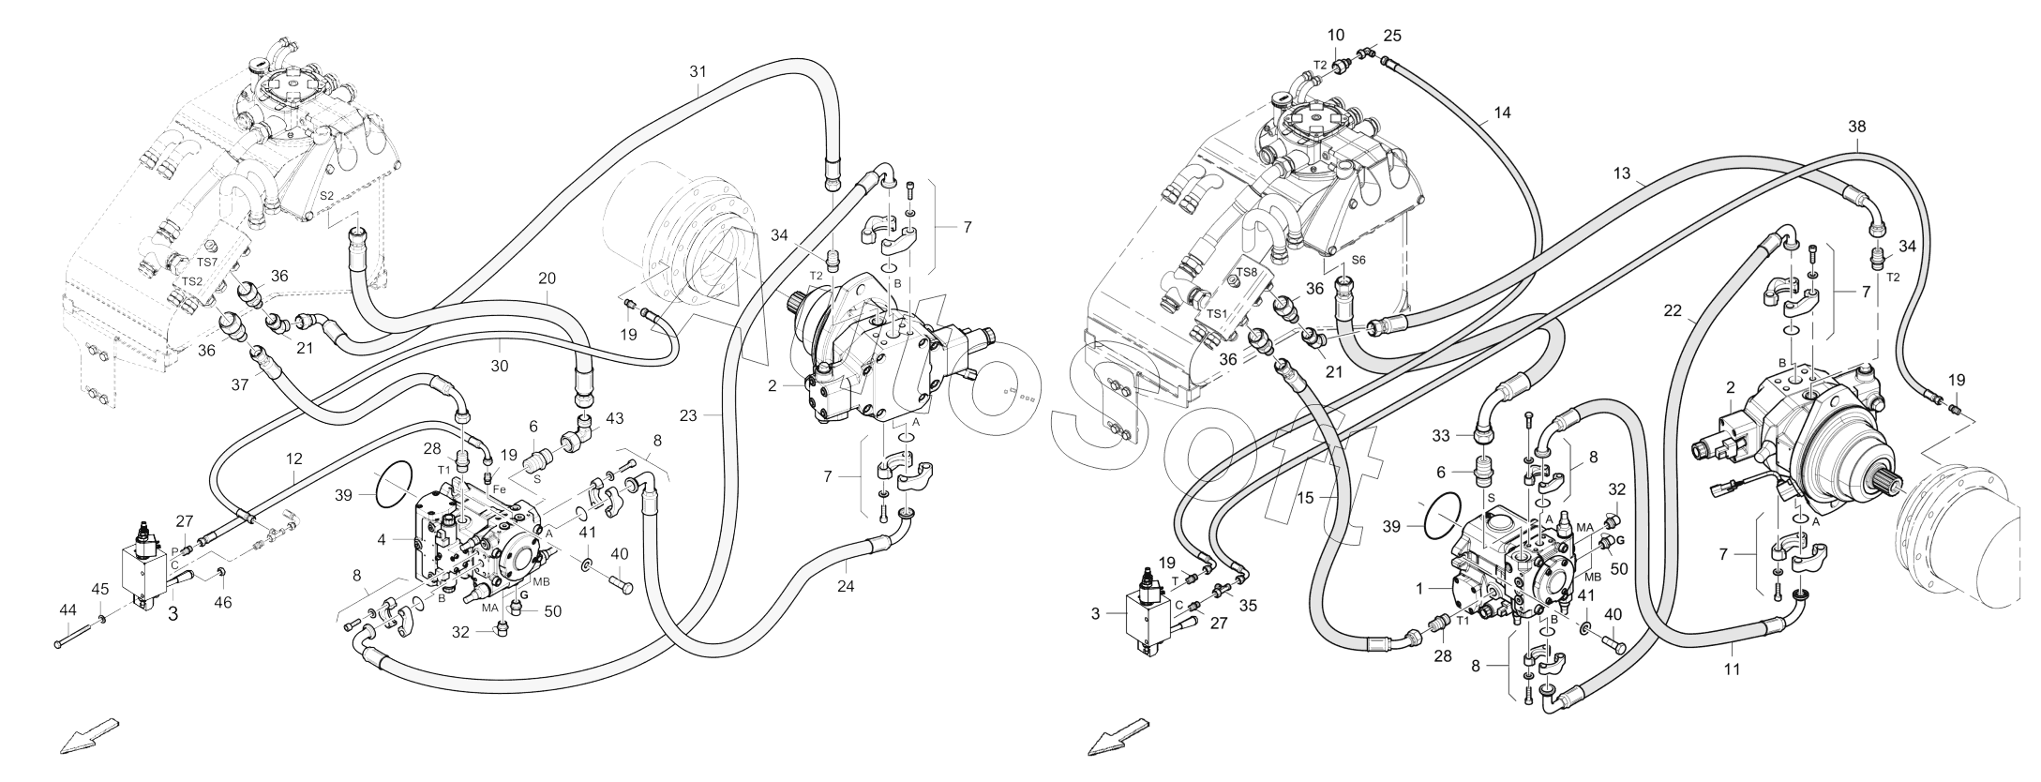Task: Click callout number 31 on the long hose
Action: coord(697,71)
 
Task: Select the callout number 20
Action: coord(548,278)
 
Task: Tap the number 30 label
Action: coord(500,367)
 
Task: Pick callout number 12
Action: coord(295,459)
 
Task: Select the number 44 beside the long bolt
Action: coord(68,610)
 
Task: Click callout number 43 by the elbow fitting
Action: coord(613,418)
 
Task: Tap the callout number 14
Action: coord(1502,113)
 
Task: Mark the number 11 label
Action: coord(1733,669)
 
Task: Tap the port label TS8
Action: coord(1246,272)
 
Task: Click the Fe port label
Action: coord(500,489)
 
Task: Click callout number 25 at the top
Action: coord(1392,36)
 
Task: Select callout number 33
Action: coord(1440,435)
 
